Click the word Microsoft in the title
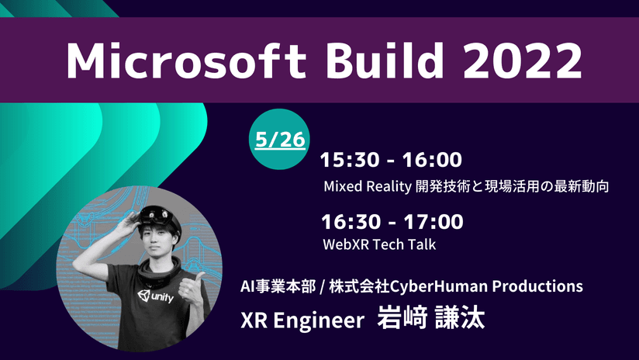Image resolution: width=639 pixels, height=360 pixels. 186,61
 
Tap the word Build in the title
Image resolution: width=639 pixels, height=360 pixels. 385,60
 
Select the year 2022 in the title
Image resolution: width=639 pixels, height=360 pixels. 523,61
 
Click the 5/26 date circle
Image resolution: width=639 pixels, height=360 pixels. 279,140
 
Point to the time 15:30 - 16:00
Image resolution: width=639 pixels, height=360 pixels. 391,159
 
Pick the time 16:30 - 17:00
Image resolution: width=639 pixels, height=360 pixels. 392,222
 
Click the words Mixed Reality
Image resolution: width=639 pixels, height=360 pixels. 368,187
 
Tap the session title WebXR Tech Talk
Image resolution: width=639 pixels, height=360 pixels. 379,244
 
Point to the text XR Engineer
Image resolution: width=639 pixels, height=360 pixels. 302,320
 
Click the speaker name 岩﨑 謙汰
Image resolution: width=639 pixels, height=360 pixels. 430,317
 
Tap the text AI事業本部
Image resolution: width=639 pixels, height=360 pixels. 278,286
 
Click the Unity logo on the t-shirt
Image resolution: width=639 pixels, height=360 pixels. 155,296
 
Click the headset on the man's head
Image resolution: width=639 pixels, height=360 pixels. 160,216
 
